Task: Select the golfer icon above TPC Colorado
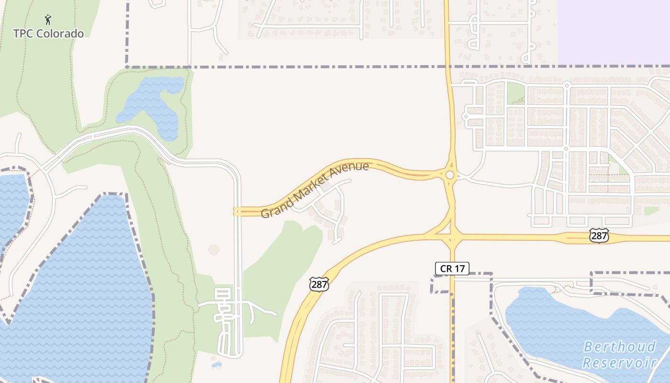coord(48,20)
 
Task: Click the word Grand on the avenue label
coord(277,207)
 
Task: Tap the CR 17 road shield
coord(452,269)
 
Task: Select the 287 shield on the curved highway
coord(319,283)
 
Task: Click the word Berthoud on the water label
coord(620,347)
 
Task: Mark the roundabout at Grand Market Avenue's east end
coord(450,175)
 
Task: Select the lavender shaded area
coord(613,29)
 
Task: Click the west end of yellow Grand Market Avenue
coord(236,211)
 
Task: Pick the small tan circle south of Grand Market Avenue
coord(214,249)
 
